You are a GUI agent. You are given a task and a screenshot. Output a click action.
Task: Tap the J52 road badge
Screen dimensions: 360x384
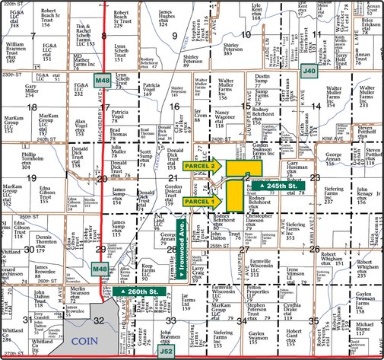coord(167,352)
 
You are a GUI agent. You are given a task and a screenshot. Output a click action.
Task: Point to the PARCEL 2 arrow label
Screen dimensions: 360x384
coord(203,165)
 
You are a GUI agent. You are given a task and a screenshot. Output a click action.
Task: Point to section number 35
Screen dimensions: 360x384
coord(313,320)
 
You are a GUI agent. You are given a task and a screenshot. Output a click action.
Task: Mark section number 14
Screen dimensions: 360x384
coord(315,106)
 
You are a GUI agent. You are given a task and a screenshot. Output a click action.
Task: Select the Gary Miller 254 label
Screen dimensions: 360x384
coord(36,91)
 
